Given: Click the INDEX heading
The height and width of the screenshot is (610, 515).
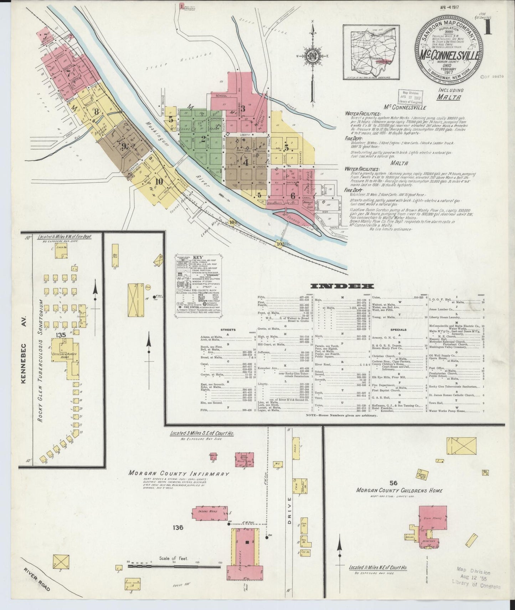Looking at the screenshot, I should tap(342, 286).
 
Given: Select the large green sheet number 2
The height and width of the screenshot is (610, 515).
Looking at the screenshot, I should tap(203, 139).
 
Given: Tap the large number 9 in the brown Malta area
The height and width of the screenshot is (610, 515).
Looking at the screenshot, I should tap(124, 146).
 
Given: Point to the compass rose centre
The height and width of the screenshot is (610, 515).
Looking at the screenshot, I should tap(313, 57).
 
